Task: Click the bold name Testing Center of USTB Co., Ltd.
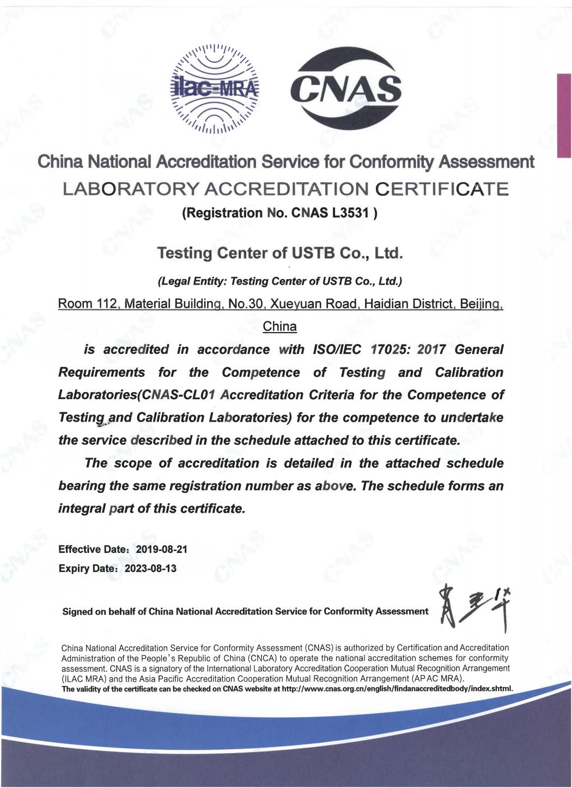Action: [x=279, y=254]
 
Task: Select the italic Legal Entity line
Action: [x=279, y=281]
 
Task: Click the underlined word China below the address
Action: [x=279, y=327]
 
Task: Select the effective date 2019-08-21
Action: [x=161, y=549]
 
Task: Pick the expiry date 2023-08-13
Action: [x=151, y=568]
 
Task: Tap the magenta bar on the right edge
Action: [x=564, y=115]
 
